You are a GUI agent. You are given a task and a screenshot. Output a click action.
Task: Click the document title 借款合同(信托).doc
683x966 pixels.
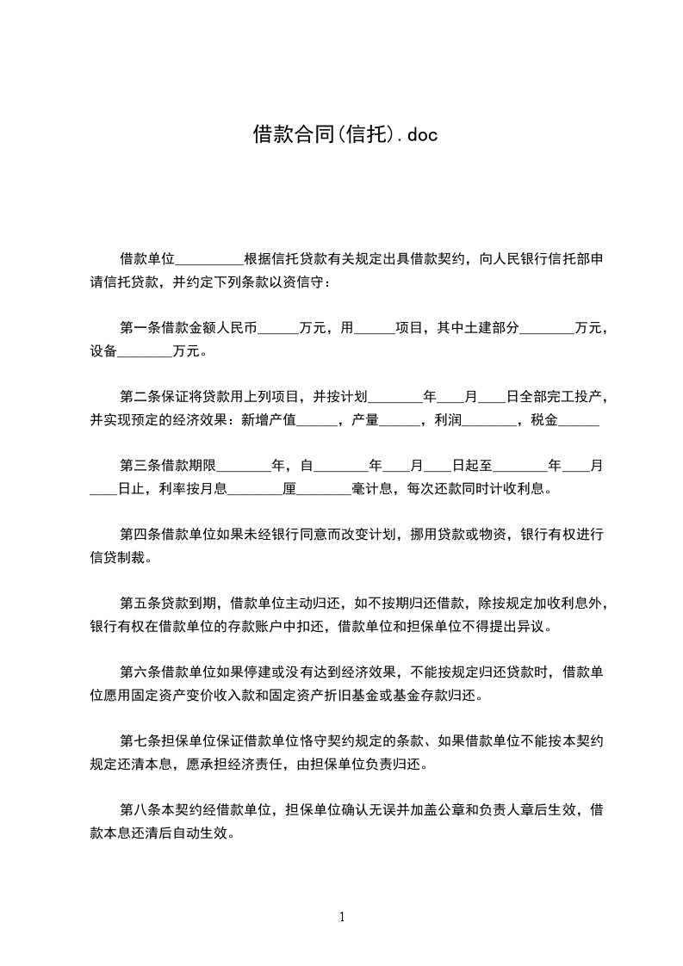coord(340,134)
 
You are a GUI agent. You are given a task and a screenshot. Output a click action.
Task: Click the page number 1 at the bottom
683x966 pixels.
coord(342,917)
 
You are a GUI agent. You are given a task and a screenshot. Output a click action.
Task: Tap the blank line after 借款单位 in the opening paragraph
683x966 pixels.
coord(209,258)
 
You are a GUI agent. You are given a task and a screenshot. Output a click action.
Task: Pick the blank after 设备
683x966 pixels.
coord(145,351)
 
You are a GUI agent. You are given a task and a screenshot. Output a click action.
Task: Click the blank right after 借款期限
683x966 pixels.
coord(244,466)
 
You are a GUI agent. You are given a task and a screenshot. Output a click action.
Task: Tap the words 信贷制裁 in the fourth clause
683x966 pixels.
coord(124,558)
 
